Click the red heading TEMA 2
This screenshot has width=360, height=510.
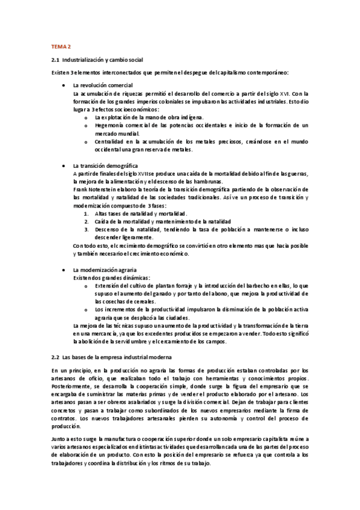(59, 46)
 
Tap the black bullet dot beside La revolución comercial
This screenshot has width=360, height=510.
(64, 85)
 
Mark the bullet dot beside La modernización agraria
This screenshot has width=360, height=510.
(64, 270)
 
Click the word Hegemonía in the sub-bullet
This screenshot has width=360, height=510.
(109, 125)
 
